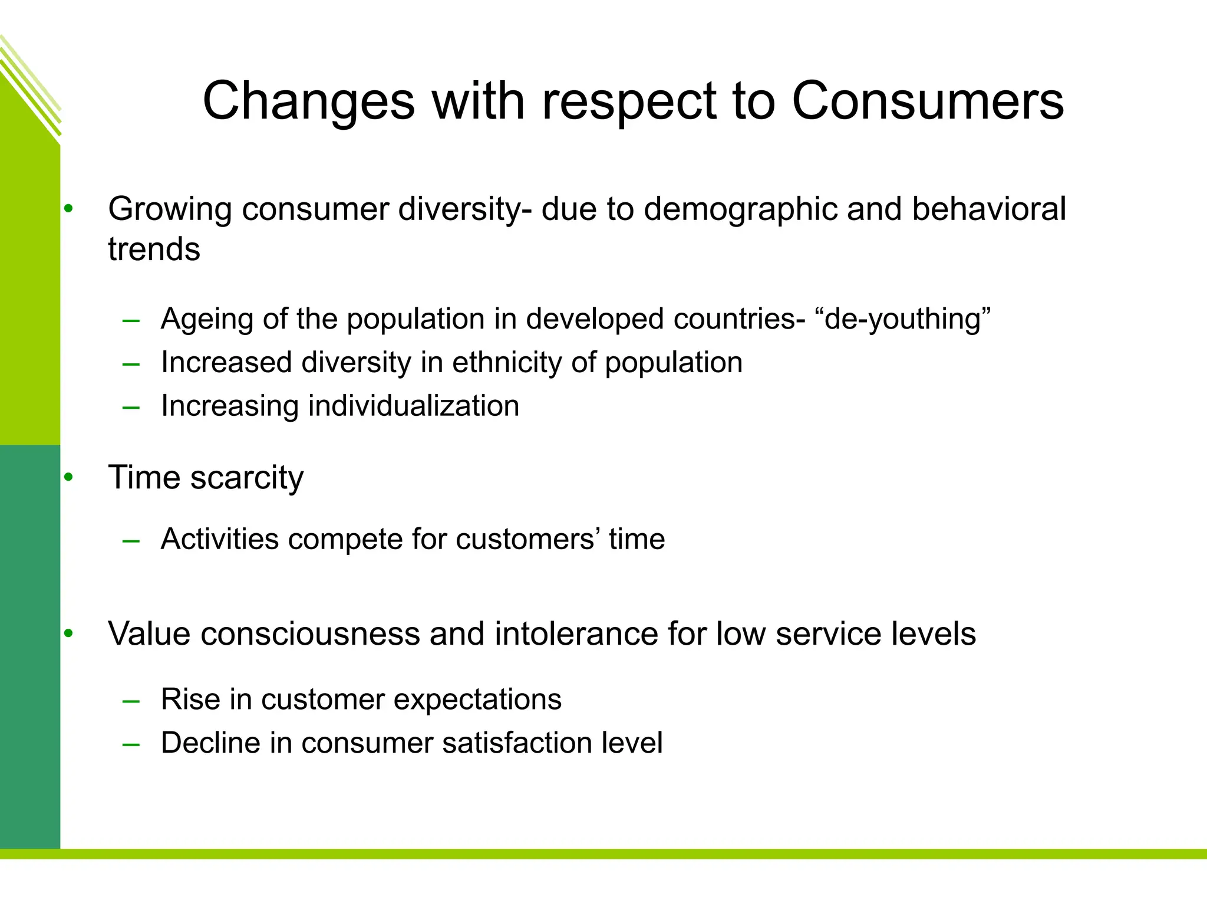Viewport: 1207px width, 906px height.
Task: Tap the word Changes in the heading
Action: coord(309,101)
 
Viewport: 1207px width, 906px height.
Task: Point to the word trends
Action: coord(154,250)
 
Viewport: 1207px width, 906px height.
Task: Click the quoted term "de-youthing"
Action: coord(902,319)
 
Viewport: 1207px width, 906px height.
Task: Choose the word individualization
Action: coord(414,406)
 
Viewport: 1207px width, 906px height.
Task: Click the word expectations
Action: coord(477,700)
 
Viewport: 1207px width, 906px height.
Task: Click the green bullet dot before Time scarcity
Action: coord(69,477)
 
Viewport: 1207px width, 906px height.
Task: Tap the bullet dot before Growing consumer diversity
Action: coord(69,209)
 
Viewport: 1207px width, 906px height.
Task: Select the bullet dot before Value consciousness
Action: coord(69,634)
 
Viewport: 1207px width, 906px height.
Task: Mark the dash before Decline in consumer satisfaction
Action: coord(131,745)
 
